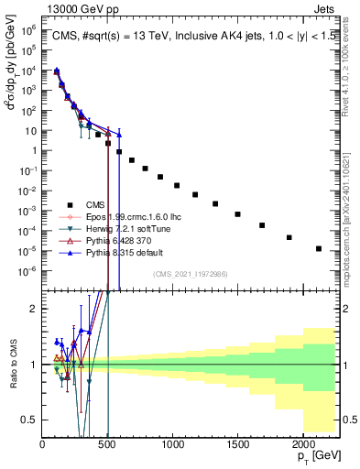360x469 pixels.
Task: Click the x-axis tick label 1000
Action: (172, 443)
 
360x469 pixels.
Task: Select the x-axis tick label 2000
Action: (302, 443)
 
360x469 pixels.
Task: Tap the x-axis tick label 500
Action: (107, 443)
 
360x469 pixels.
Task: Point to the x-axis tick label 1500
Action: (237, 443)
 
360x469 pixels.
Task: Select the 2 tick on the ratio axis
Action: (35, 309)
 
